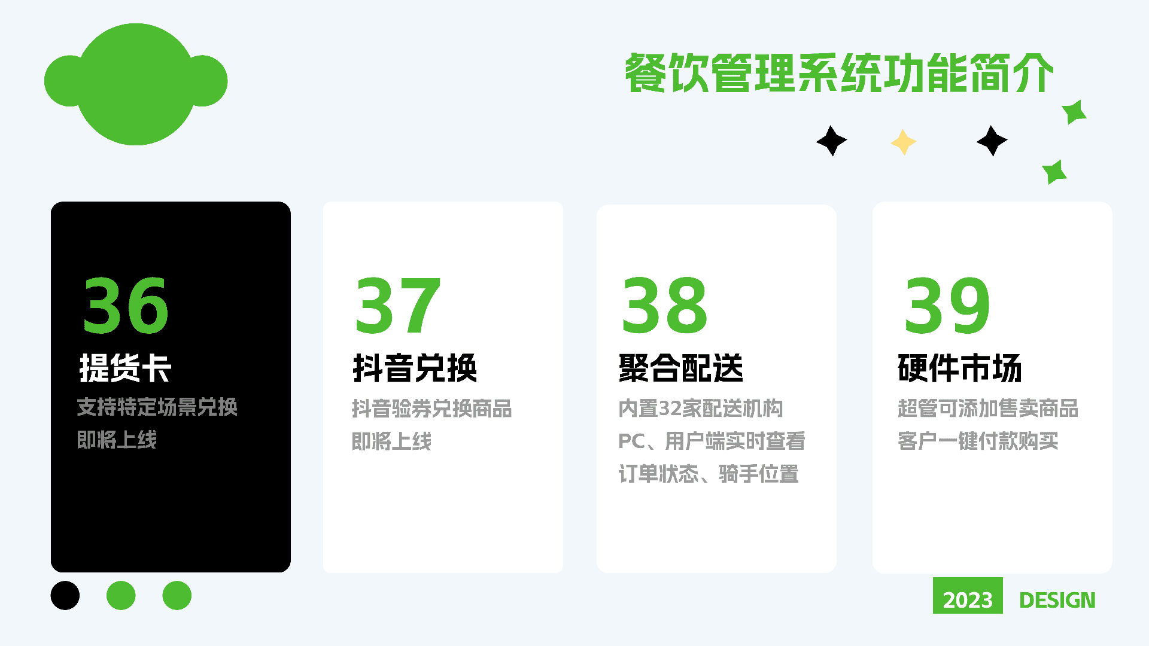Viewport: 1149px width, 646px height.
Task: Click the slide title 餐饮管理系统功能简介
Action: pyautogui.click(x=839, y=73)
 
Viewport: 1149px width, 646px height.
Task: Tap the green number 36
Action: pyautogui.click(x=126, y=305)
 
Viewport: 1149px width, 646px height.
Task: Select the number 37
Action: pyautogui.click(x=398, y=305)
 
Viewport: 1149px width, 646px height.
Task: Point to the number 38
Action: pyautogui.click(x=665, y=305)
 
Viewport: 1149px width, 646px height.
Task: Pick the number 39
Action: pyautogui.click(x=947, y=305)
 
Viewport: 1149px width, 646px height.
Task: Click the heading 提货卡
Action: pyautogui.click(x=126, y=368)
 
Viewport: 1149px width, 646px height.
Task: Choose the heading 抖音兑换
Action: pyautogui.click(x=415, y=368)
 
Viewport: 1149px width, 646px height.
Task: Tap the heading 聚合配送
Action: pyautogui.click(x=681, y=368)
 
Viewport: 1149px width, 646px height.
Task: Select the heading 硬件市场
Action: pyautogui.click(x=960, y=368)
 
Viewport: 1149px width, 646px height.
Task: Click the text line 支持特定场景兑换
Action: pyautogui.click(x=157, y=407)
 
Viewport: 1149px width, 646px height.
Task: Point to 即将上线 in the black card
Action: pyautogui.click(x=117, y=440)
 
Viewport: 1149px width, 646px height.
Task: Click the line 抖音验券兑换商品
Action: pyautogui.click(x=431, y=409)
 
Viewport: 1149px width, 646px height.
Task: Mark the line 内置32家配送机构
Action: pyautogui.click(x=701, y=409)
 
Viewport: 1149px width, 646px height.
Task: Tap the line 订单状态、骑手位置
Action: pyautogui.click(x=709, y=474)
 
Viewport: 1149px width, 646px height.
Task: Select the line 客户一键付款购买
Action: pyautogui.click(x=978, y=441)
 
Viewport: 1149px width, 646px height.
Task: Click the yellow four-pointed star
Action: pyautogui.click(x=904, y=142)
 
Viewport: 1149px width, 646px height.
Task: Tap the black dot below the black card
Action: pyautogui.click(x=65, y=595)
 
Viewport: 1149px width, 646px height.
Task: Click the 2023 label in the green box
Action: pyautogui.click(x=968, y=600)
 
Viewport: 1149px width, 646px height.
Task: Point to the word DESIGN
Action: pyautogui.click(x=1057, y=600)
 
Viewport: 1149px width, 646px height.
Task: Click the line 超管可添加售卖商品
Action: pyautogui.click(x=988, y=409)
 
